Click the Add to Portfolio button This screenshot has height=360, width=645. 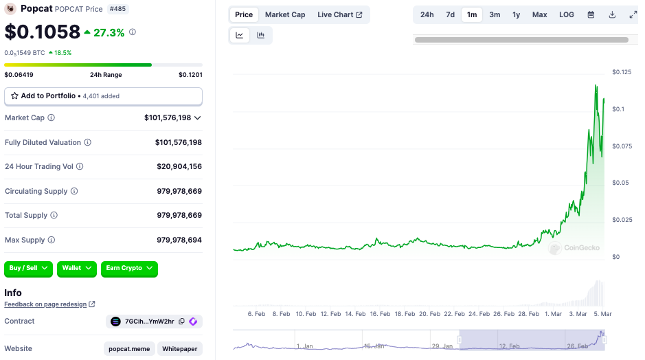[103, 96]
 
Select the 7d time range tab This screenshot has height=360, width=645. [450, 14]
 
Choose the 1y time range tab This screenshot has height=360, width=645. [516, 14]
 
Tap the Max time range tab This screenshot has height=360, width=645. [539, 14]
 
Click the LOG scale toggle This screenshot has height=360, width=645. [567, 14]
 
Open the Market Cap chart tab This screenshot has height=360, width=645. [285, 14]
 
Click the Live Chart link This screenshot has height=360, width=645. [339, 14]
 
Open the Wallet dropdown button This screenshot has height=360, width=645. [77, 268]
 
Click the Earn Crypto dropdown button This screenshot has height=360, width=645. [129, 268]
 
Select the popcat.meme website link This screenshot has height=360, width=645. [129, 349]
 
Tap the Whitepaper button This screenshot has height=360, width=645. [180, 349]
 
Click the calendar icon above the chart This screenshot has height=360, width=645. [591, 14]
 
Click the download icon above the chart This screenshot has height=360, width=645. [612, 14]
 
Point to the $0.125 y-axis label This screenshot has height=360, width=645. [622, 72]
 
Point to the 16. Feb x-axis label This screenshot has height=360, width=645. [380, 314]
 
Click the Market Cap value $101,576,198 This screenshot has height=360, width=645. [168, 117]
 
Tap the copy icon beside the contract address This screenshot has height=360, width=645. [181, 322]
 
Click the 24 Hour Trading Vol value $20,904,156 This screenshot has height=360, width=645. [179, 166]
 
